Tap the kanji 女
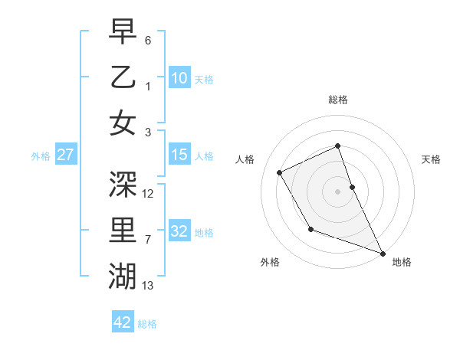click(123, 123)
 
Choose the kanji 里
click(123, 229)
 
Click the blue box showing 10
click(179, 77)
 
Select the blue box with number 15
click(179, 155)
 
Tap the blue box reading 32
click(179, 231)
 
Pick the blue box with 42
click(123, 322)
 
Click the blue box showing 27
click(66, 155)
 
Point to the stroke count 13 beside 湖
click(148, 286)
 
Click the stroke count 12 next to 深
click(148, 193)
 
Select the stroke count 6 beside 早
click(148, 40)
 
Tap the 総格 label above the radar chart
click(337, 100)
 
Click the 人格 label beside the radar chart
click(245, 159)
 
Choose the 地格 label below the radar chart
click(402, 262)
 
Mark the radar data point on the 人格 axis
click(280, 172)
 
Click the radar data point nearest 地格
click(383, 254)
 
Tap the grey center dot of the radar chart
click(337, 191)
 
